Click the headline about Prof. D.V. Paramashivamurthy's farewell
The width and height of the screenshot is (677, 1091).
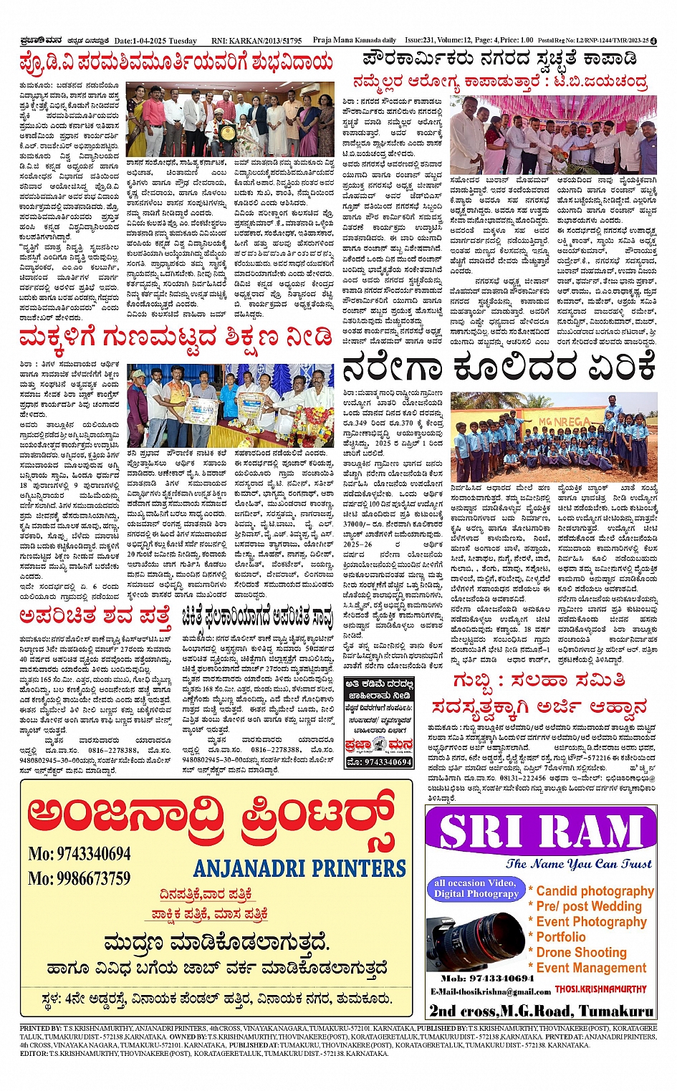176,63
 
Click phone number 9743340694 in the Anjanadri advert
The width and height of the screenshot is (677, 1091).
80,854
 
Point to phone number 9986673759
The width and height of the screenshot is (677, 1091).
80,878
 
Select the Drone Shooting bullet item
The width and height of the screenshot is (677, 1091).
581,952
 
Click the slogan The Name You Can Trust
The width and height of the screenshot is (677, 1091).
579,864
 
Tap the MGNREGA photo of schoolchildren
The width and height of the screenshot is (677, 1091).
554,436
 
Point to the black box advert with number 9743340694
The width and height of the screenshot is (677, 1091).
379,722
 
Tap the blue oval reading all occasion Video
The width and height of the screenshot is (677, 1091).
476,888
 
